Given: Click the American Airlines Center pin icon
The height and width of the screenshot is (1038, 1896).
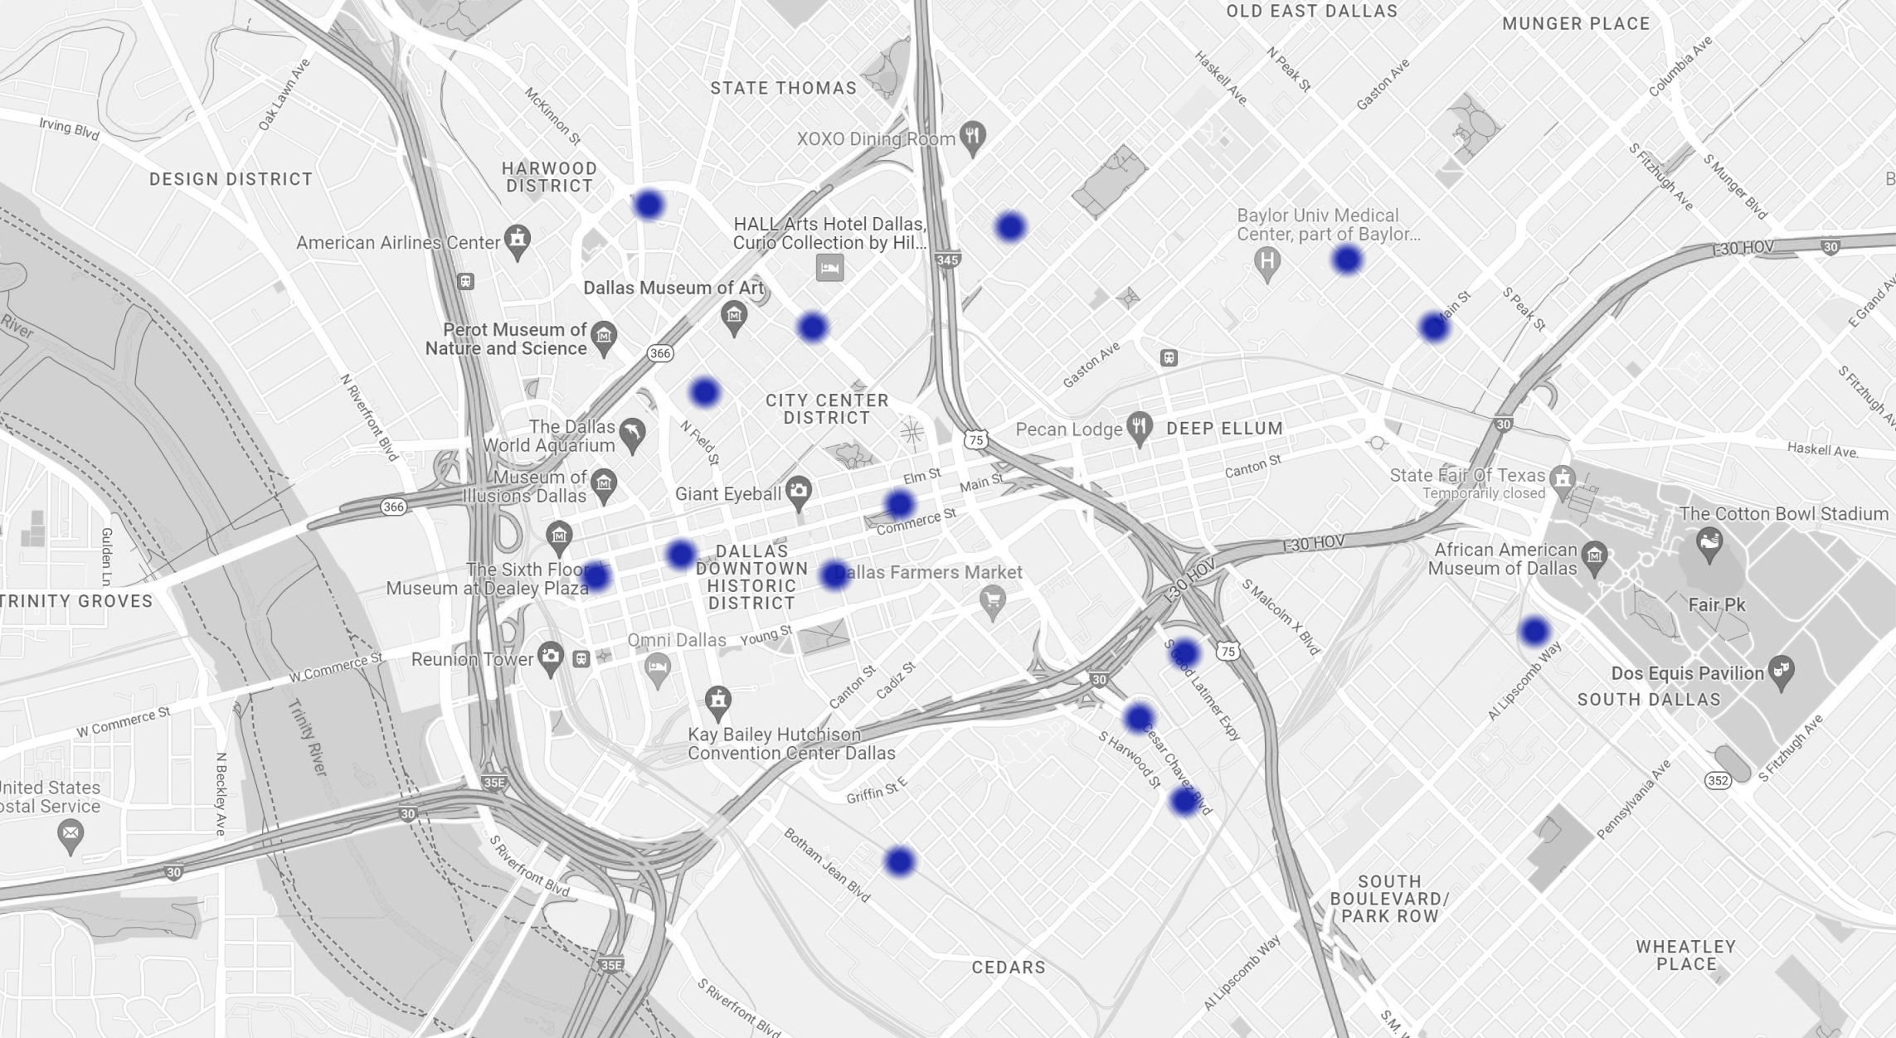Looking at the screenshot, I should (518, 240).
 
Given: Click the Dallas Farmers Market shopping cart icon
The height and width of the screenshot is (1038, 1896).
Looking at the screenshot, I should (992, 599).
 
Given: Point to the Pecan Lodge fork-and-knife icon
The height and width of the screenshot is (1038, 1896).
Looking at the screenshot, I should (1140, 427).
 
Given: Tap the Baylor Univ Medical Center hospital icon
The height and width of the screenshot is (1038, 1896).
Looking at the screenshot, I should (1266, 262).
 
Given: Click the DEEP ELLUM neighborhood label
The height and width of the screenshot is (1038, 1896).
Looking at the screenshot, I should (1224, 429).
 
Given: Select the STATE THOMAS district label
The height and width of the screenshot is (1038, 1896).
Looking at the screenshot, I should (783, 88).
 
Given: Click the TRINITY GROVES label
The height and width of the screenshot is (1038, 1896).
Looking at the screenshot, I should (76, 601).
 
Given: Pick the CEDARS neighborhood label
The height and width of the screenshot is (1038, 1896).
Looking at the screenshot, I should (1008, 967).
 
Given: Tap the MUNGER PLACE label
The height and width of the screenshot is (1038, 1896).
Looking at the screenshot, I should (1576, 24).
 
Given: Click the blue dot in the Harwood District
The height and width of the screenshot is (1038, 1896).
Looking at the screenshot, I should (649, 204).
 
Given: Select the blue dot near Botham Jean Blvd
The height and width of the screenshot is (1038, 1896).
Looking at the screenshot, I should (899, 861).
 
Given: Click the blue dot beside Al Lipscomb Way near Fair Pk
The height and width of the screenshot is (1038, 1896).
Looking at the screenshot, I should (1534, 632).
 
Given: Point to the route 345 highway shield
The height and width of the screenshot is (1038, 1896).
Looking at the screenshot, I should (947, 260).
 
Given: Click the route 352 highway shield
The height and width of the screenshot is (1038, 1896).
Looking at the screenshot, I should (1718, 780).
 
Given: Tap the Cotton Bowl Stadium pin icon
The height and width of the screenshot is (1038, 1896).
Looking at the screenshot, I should (1709, 544).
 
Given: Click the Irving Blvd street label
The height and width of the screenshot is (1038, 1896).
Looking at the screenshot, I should (69, 129).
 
